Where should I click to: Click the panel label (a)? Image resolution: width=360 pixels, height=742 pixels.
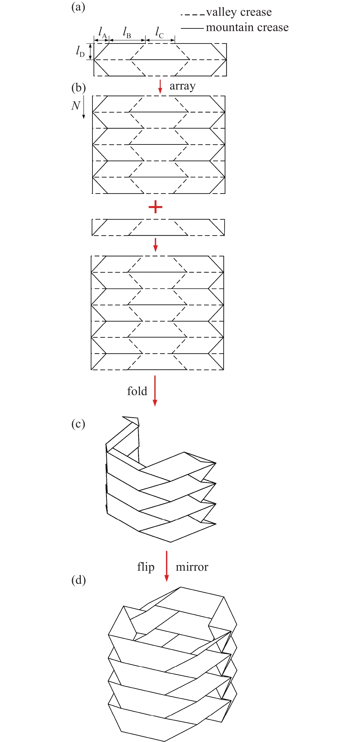(x=78, y=7)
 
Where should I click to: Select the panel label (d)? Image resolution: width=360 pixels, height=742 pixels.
(x=78, y=580)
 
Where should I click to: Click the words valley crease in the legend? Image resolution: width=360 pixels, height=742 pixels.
(x=239, y=12)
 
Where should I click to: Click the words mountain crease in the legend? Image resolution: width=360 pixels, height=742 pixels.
(x=247, y=27)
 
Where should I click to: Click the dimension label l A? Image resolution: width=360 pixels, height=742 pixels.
(x=102, y=32)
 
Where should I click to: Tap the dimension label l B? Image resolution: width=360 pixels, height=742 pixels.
(x=127, y=32)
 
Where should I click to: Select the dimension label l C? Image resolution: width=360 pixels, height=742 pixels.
(x=159, y=32)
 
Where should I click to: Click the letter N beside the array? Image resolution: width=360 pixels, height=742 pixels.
(x=75, y=106)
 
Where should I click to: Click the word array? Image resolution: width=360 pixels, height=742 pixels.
(x=182, y=86)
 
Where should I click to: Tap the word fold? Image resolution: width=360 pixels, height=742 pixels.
(x=137, y=391)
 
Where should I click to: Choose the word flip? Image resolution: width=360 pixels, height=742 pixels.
(x=146, y=567)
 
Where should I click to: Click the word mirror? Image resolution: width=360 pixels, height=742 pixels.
(x=192, y=567)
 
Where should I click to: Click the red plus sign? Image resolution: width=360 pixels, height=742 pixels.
(x=155, y=207)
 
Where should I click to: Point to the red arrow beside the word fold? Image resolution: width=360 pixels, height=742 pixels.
(x=155, y=391)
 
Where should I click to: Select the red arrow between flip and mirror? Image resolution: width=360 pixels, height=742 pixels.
(x=167, y=566)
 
